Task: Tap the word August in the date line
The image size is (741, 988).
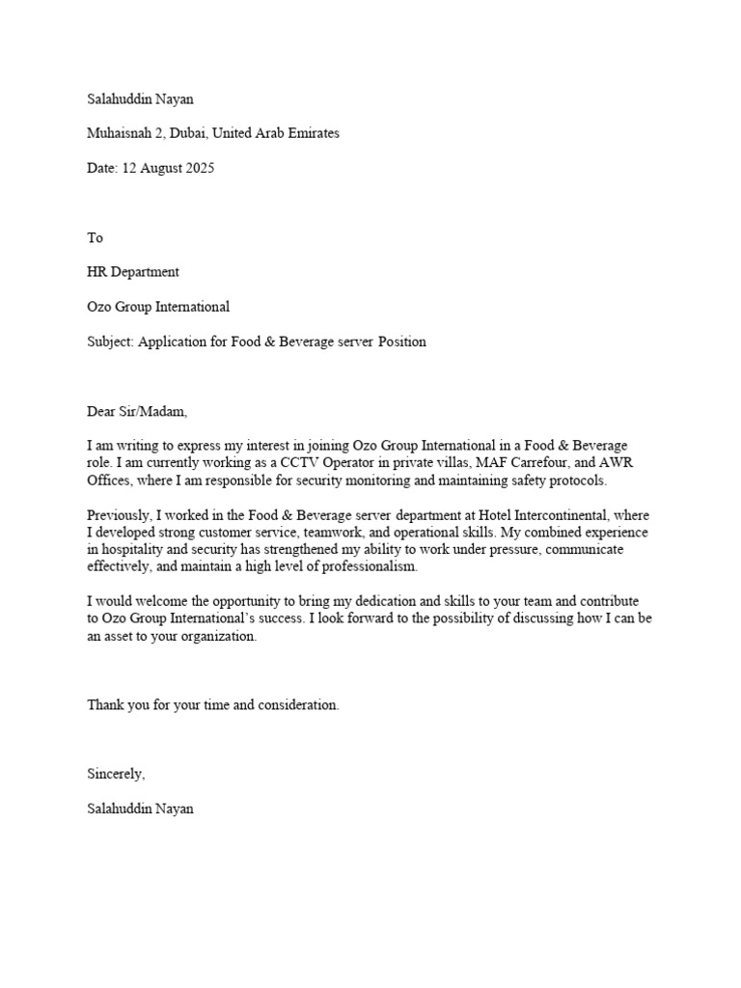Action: coord(158,168)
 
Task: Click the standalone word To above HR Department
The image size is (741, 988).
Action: coord(95,237)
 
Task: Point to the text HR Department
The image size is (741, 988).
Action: coord(133,272)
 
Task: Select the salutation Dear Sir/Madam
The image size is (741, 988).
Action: coord(137,411)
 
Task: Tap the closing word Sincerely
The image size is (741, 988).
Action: coord(116,774)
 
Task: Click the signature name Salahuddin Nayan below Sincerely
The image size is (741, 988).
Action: coord(140,809)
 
